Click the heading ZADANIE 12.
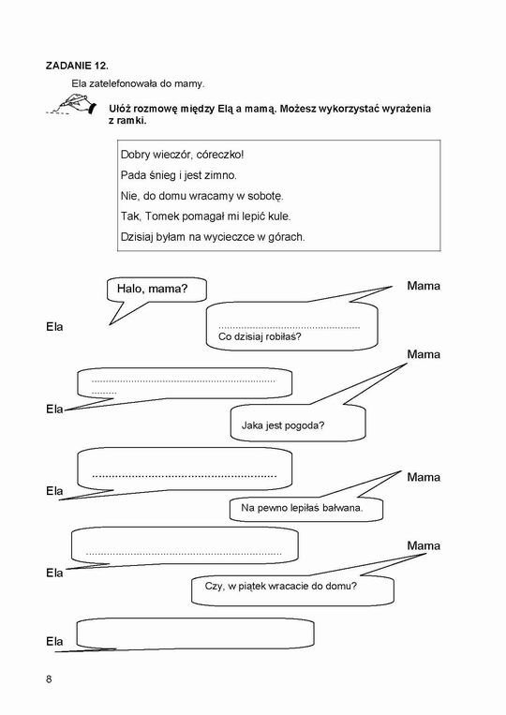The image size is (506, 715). [x=77, y=66]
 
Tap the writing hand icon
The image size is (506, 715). [x=72, y=104]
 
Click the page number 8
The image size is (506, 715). [x=49, y=679]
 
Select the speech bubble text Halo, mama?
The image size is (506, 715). [x=152, y=289]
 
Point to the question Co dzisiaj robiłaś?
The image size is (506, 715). [x=260, y=337]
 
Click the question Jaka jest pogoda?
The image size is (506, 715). [x=283, y=425]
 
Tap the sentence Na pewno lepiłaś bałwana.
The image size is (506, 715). [x=302, y=508]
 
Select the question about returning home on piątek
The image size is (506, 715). [x=281, y=586]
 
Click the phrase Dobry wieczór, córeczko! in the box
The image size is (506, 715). [x=183, y=155]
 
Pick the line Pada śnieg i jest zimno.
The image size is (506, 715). [x=179, y=175]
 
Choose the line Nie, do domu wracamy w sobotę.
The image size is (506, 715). [x=202, y=196]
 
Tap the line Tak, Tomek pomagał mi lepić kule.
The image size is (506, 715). [x=205, y=216]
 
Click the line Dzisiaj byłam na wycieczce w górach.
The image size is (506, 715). [x=213, y=237]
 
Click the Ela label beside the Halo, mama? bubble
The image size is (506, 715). [x=54, y=327]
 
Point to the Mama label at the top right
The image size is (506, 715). [x=424, y=286]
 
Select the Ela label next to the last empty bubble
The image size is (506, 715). [x=54, y=642]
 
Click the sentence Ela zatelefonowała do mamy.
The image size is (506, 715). [x=138, y=84]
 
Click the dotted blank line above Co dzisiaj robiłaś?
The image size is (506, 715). [x=289, y=327]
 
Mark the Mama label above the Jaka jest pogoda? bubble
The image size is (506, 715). [x=424, y=354]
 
